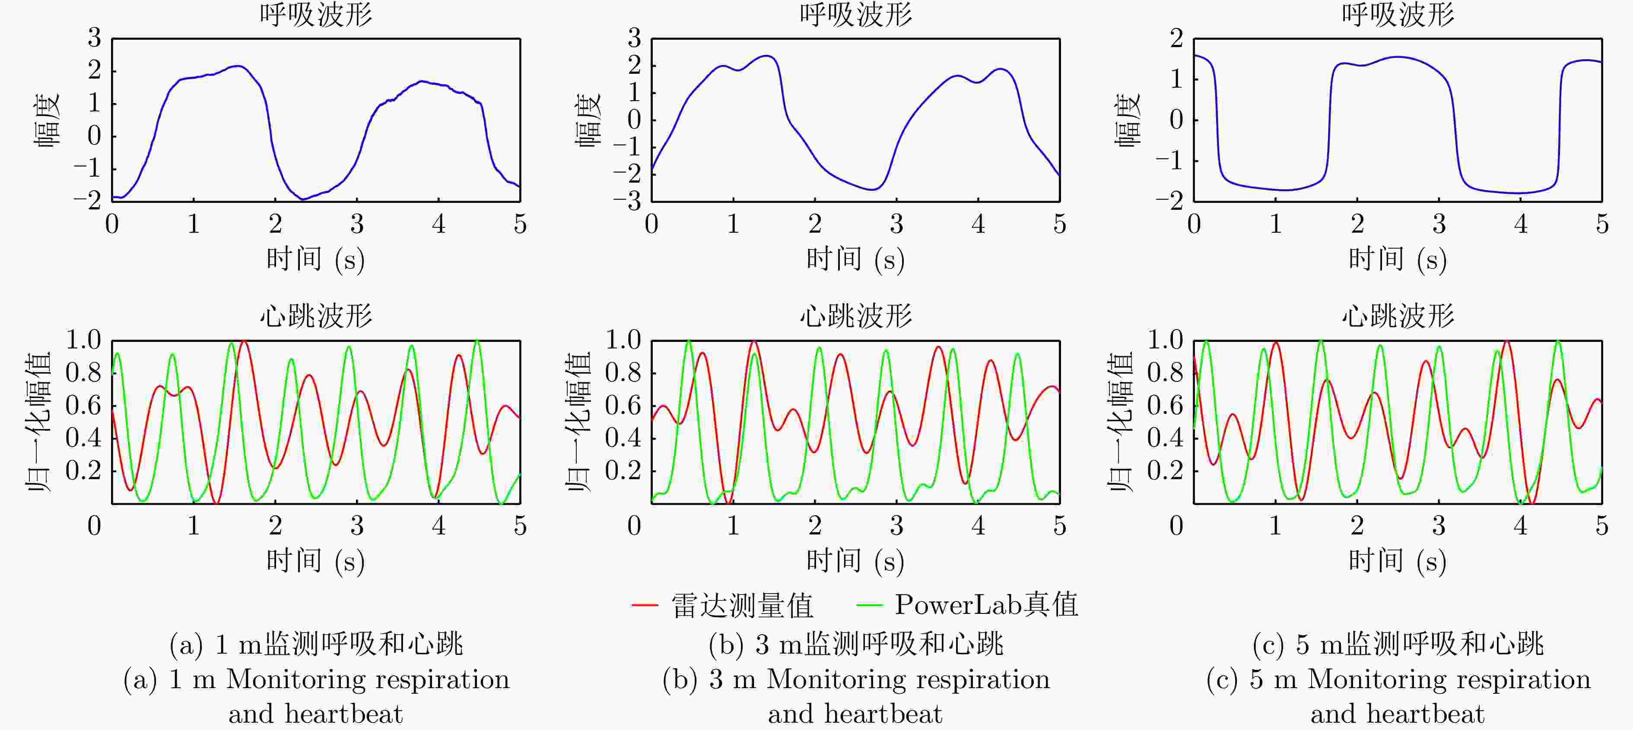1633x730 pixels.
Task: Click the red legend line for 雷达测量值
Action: [645, 605]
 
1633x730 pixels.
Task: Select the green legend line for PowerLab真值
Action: [869, 605]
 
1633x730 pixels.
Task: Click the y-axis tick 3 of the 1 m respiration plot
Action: [95, 38]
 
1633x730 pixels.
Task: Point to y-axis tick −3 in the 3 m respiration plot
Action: [627, 202]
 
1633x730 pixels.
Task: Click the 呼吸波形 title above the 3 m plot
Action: [855, 14]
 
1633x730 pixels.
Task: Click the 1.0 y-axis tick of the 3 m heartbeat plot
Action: [623, 340]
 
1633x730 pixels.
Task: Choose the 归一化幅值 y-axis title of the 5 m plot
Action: [1120, 421]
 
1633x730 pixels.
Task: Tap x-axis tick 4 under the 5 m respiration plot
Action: [1520, 224]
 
